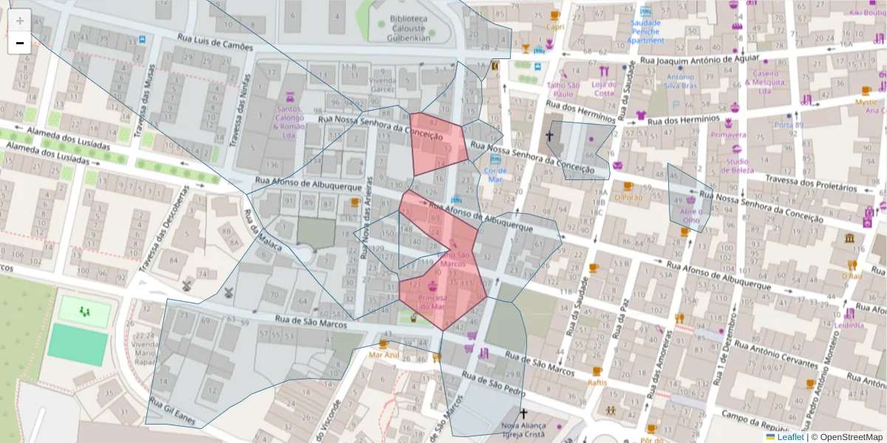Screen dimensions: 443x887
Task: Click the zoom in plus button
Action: click(x=20, y=21)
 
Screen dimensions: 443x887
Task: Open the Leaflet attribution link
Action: click(x=789, y=437)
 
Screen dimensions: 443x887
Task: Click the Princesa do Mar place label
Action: click(x=432, y=301)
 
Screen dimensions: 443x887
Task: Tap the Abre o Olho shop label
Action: click(x=690, y=215)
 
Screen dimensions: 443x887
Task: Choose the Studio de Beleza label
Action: click(x=736, y=165)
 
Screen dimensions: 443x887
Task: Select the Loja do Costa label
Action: click(x=604, y=89)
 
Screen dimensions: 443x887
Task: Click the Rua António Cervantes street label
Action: click(x=776, y=355)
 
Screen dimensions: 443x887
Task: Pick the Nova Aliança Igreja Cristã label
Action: click(x=523, y=430)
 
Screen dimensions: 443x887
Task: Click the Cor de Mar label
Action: click(x=494, y=175)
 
